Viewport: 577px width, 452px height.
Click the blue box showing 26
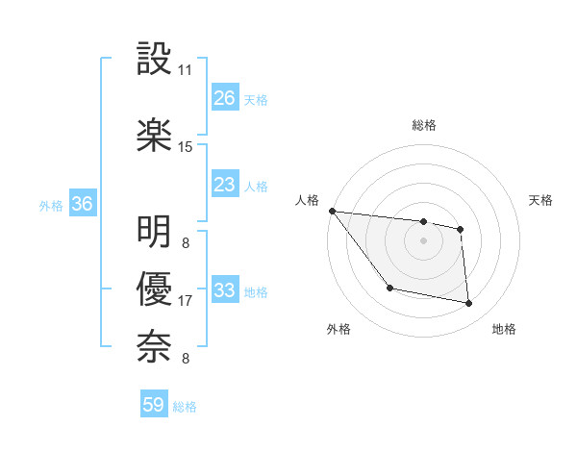point(225,98)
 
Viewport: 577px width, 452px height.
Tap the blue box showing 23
point(225,185)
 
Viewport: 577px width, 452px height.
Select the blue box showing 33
point(225,290)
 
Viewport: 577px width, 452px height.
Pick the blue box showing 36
point(83,204)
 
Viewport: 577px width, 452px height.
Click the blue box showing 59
point(154,405)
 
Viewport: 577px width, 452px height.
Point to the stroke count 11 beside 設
point(186,70)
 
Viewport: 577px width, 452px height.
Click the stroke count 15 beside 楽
point(186,147)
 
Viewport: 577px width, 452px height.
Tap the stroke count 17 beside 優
point(186,301)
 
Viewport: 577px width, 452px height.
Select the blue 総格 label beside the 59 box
point(185,407)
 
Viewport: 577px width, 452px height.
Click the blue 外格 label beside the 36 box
point(51,205)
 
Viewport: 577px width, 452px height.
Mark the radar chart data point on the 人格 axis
point(332,211)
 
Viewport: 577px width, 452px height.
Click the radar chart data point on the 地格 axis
point(469,304)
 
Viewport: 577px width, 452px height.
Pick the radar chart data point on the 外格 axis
point(389,288)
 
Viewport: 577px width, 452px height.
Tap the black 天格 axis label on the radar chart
point(540,200)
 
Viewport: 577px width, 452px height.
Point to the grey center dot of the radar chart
point(423,240)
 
